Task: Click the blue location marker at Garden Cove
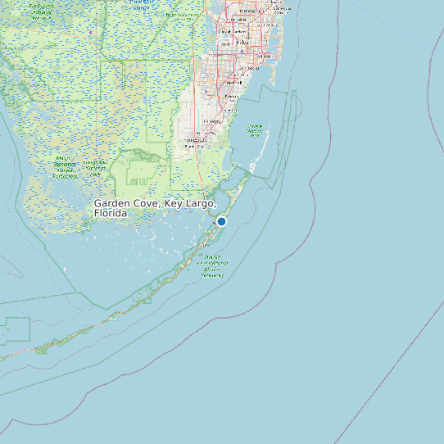coord(221,220)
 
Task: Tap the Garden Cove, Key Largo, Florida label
coord(154,207)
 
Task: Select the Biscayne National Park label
coord(255,130)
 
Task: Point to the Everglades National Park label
coord(66,166)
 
